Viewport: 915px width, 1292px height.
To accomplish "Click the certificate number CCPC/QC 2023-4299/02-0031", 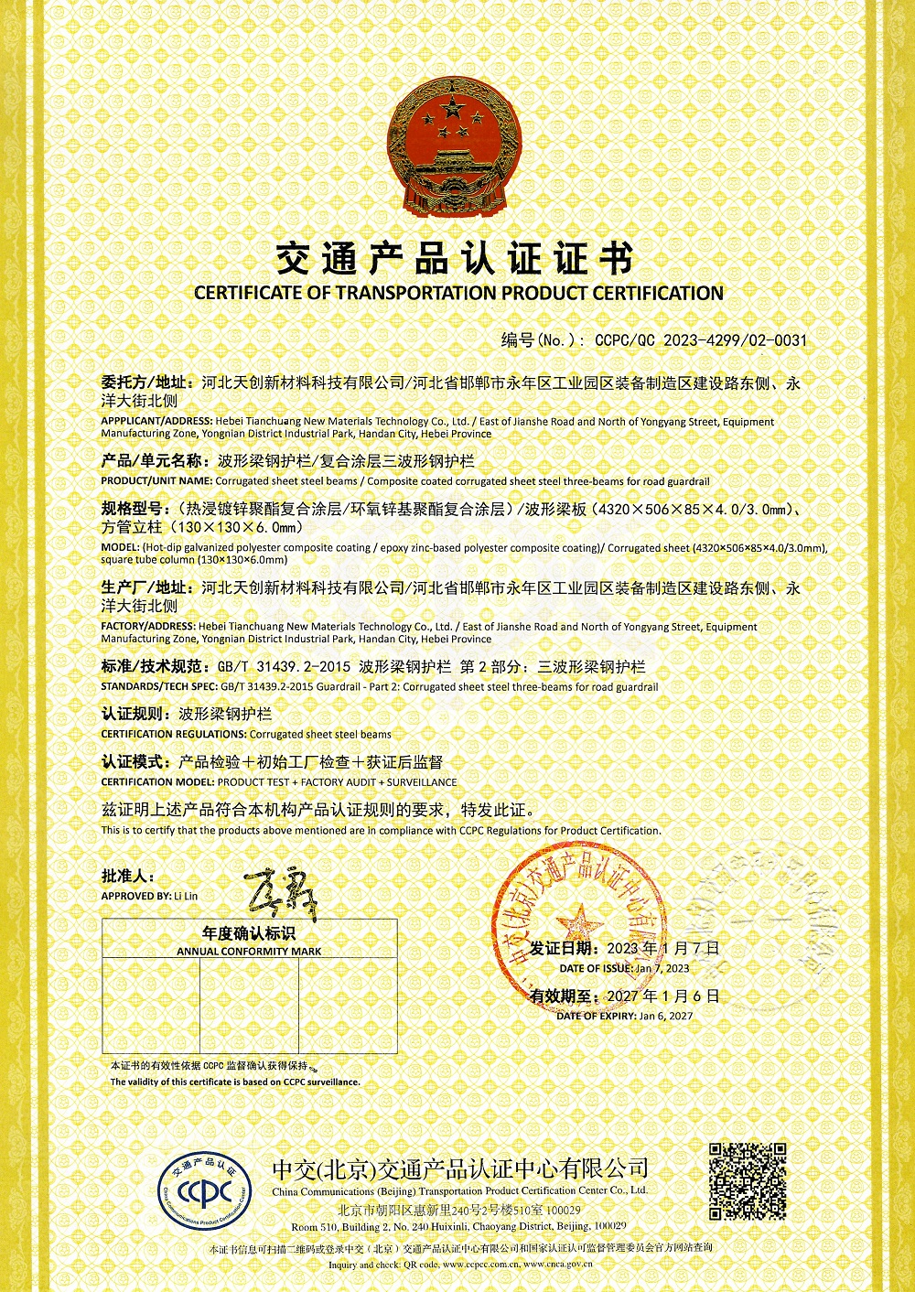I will [x=701, y=340].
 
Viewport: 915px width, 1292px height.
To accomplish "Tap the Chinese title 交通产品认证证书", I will [x=455, y=260].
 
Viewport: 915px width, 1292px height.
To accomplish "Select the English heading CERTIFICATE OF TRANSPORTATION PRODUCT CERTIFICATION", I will [x=458, y=294].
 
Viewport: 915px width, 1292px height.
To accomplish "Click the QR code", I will [x=748, y=1180].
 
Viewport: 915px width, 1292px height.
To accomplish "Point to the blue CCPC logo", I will [x=205, y=1191].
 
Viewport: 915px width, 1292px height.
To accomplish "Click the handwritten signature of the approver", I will [x=280, y=894].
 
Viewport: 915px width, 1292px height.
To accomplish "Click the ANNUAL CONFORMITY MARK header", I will [x=249, y=952].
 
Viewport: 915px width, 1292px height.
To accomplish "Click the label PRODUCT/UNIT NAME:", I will [x=156, y=481].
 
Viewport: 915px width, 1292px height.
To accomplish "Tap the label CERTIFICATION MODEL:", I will [x=157, y=782].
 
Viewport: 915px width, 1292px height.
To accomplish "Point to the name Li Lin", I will [x=186, y=896].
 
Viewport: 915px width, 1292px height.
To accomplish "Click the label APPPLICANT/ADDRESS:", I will [x=156, y=422].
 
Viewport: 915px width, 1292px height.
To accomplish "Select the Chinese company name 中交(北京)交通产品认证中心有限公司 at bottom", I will [x=459, y=1168].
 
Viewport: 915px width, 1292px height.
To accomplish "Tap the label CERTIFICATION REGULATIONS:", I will [x=173, y=734].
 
